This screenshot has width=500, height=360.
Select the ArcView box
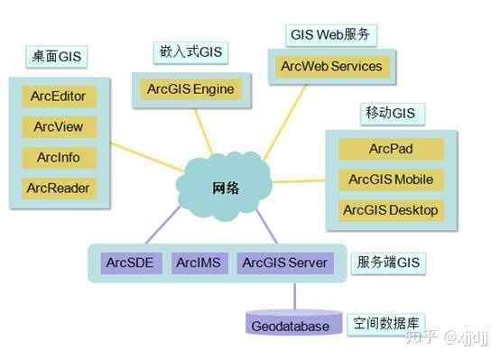59,127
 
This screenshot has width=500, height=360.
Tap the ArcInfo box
59,158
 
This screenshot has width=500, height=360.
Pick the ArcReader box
59,189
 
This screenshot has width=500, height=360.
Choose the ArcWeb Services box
331,67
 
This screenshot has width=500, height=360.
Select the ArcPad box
391,149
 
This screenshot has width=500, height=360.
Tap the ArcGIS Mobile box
391,180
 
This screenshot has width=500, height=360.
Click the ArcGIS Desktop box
391,210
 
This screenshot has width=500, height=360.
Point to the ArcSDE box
129,263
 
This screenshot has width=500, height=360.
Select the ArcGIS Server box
284,263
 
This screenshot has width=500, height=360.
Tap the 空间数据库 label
389,323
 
